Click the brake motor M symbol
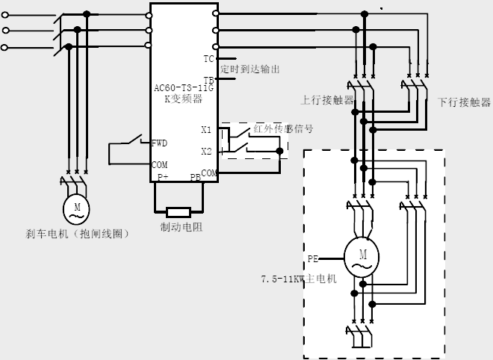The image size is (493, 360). (x=75, y=207)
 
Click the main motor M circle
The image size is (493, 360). (x=362, y=258)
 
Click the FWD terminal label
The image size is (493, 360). (x=160, y=143)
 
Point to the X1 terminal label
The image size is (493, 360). (x=207, y=129)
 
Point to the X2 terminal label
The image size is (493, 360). (x=207, y=152)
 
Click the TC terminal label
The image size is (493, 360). (x=208, y=58)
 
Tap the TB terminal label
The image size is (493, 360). (x=208, y=79)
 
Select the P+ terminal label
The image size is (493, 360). (x=163, y=178)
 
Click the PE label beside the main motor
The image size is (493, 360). (x=314, y=259)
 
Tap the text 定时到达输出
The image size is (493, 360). (x=250, y=69)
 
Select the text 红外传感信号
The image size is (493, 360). (x=283, y=128)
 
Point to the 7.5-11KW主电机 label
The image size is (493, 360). (x=298, y=279)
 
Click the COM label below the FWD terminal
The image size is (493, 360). (x=160, y=164)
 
